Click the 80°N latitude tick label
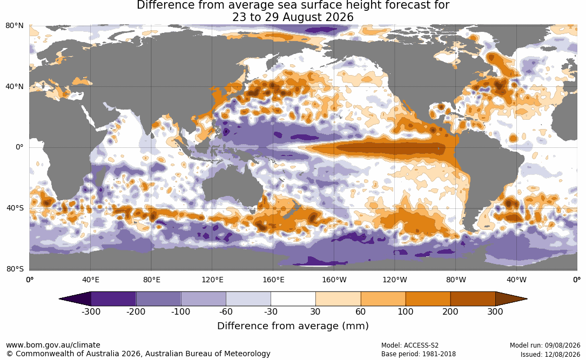coord(14,26)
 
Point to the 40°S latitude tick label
coord(15,208)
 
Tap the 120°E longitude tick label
coord(212,280)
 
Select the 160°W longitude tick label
coord(334,280)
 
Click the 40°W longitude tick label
coord(516,280)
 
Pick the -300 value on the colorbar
coord(91,311)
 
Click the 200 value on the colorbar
coord(450,311)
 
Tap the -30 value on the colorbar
coord(271,311)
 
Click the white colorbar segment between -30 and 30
coord(293,299)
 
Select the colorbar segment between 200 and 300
coord(473,299)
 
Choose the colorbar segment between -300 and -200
coord(113,299)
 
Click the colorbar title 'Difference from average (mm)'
coord(293,326)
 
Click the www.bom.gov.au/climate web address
coord(53,345)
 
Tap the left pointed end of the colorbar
coord(59,299)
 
